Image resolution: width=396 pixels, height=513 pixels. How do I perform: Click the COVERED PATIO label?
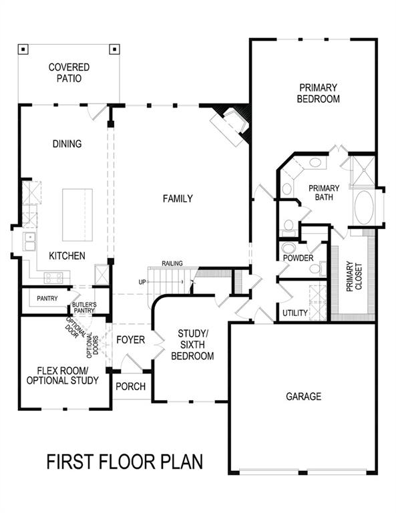tap(69, 73)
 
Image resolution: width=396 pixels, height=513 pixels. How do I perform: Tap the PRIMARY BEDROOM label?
tap(319, 94)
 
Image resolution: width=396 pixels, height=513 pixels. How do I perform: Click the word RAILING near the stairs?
tap(172, 264)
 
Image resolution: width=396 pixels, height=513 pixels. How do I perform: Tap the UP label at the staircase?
tap(142, 282)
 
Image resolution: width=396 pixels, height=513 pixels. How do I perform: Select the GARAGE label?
tap(304, 396)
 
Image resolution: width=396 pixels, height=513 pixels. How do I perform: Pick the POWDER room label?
tap(298, 257)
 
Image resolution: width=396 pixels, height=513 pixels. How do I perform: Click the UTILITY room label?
tap(294, 313)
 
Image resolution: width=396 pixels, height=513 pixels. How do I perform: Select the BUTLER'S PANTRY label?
tap(83, 307)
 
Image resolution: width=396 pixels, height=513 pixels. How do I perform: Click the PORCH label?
tap(130, 387)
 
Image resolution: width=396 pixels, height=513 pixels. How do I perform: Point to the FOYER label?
tap(130, 340)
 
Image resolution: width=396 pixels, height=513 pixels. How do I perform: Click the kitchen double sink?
tap(30, 242)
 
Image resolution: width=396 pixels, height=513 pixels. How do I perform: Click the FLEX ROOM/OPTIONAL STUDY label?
tap(62, 375)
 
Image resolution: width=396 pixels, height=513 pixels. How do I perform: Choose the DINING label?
tap(67, 144)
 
